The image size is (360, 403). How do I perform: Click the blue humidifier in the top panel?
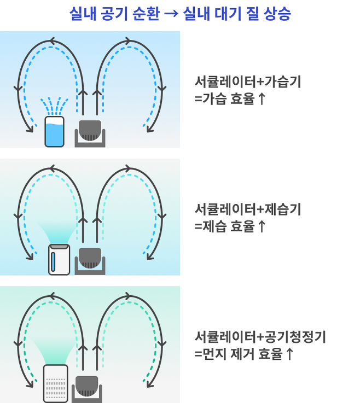54,132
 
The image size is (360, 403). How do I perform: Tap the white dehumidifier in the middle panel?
59,260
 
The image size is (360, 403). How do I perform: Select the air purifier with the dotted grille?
56,383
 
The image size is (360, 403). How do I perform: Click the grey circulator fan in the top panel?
90,133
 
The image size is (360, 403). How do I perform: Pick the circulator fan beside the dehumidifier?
90,261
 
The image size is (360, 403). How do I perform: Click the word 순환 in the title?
146,13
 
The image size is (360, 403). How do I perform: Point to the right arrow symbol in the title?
171,14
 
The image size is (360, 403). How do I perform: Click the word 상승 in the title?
277,13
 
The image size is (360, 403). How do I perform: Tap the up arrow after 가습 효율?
262,98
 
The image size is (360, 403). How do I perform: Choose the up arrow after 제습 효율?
262,226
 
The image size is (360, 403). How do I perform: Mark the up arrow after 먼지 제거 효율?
289,354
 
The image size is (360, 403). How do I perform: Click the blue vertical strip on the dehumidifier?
53,261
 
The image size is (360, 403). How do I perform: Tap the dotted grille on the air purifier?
56,388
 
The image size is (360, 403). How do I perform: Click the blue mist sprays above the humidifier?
54,106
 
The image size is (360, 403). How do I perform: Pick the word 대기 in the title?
228,13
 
